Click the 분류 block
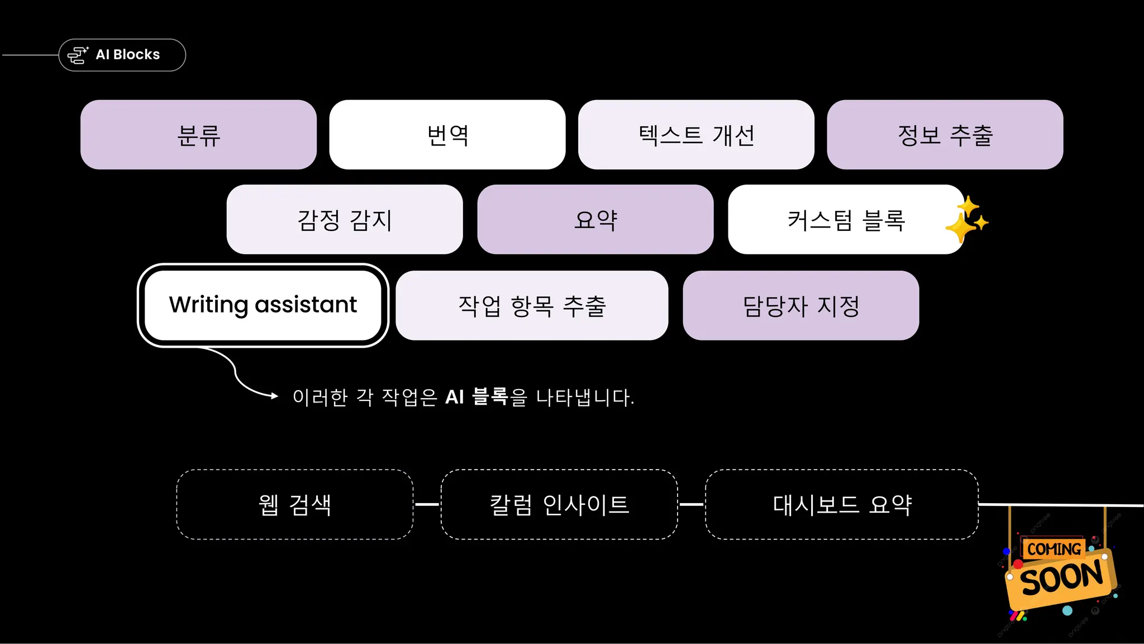tap(198, 135)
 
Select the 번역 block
tap(447, 135)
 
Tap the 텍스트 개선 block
tap(695, 135)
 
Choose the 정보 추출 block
tap(945, 135)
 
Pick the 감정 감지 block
tap(344, 220)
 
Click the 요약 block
tap(595, 220)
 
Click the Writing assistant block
tap(263, 305)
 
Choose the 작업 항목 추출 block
tap(531, 306)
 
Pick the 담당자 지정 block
tap(800, 306)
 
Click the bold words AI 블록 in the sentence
tap(476, 397)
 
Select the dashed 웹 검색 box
tap(294, 504)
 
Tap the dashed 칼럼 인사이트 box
tap(559, 504)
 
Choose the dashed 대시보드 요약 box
tap(841, 504)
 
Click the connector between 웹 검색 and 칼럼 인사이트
tap(427, 504)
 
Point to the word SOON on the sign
tap(1061, 579)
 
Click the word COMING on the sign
tap(1054, 549)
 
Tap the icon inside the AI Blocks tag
tap(78, 55)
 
